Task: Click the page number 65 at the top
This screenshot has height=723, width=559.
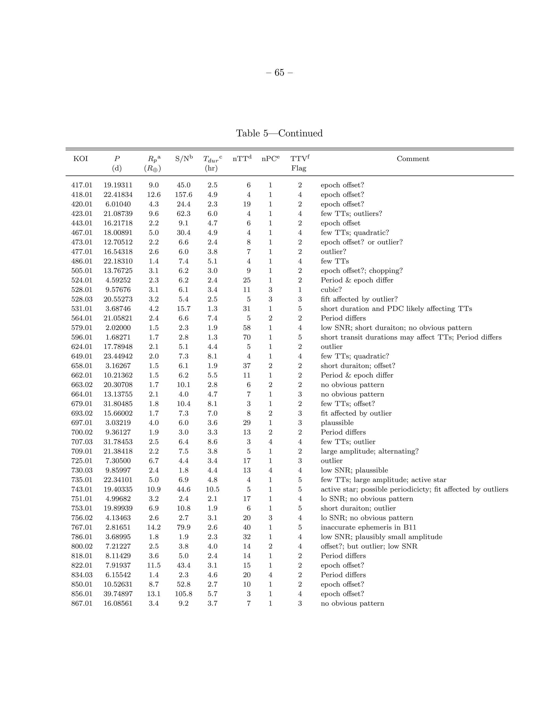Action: coord(279,73)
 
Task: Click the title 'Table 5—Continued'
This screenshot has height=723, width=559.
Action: coord(279,133)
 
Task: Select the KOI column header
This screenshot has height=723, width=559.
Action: coord(81,159)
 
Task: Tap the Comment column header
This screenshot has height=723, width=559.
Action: coord(413,159)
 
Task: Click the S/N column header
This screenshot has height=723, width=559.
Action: coord(183,159)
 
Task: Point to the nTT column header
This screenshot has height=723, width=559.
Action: coord(242,159)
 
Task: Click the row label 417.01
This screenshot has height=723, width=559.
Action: coord(82,185)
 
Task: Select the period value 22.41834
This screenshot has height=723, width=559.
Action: coord(118,195)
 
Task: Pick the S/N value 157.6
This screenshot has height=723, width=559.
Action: coord(183,195)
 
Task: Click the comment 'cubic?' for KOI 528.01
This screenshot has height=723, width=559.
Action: coord(331,290)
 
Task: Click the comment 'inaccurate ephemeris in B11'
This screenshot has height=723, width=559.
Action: coord(368,527)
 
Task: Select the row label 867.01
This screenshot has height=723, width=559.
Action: coord(82,604)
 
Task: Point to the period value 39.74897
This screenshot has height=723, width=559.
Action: coord(118,594)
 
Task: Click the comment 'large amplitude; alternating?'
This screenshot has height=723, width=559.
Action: coord(369,451)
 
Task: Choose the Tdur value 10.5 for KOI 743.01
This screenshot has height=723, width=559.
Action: coord(212,489)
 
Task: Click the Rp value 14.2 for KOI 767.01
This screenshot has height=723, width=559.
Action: coord(154,527)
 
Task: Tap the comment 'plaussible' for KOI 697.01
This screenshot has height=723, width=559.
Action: coord(337,423)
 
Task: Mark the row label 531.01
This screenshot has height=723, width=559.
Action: coord(82,309)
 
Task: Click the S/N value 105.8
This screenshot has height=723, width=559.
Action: coord(183,594)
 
